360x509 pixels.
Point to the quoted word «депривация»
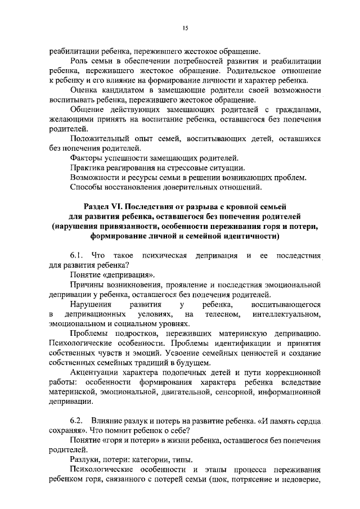[129, 276]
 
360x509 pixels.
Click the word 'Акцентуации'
[95, 373]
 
